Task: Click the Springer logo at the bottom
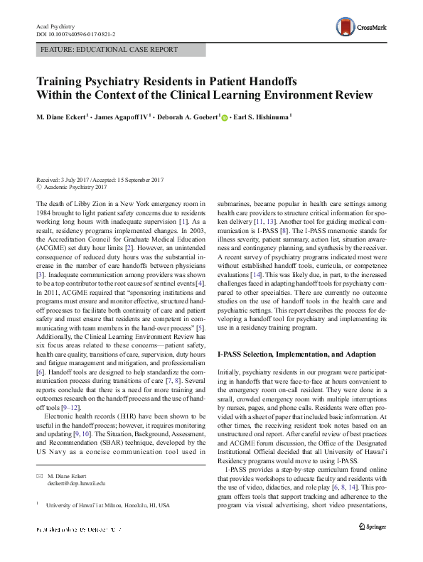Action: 374,528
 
